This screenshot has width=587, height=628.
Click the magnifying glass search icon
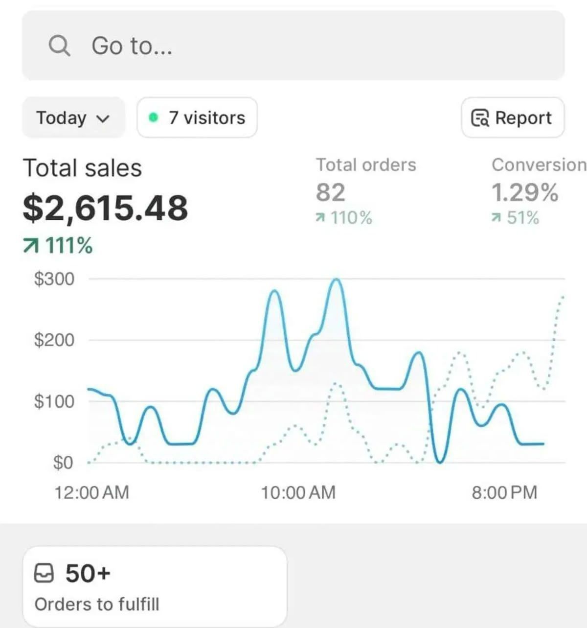click(59, 46)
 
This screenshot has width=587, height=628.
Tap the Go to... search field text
click(132, 46)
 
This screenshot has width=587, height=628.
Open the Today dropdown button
click(73, 118)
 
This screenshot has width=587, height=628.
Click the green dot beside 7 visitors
click(154, 117)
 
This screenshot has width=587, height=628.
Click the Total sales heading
click(82, 168)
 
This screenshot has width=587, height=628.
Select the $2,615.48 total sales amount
click(105, 208)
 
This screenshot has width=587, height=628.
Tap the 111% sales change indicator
click(58, 245)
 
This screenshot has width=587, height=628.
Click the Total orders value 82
click(330, 192)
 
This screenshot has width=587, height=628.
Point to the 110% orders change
click(344, 218)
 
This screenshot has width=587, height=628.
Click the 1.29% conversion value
click(524, 192)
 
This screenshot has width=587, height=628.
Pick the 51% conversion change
click(516, 218)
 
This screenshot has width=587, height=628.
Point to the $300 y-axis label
click(54, 279)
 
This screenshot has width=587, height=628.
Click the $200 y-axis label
click(54, 340)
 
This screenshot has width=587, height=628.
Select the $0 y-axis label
click(63, 462)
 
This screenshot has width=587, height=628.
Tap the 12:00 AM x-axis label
click(91, 492)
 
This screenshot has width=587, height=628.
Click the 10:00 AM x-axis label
click(298, 492)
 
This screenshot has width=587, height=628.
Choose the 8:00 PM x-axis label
click(504, 492)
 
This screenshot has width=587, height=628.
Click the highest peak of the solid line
click(336, 279)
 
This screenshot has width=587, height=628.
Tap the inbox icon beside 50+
click(44, 573)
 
